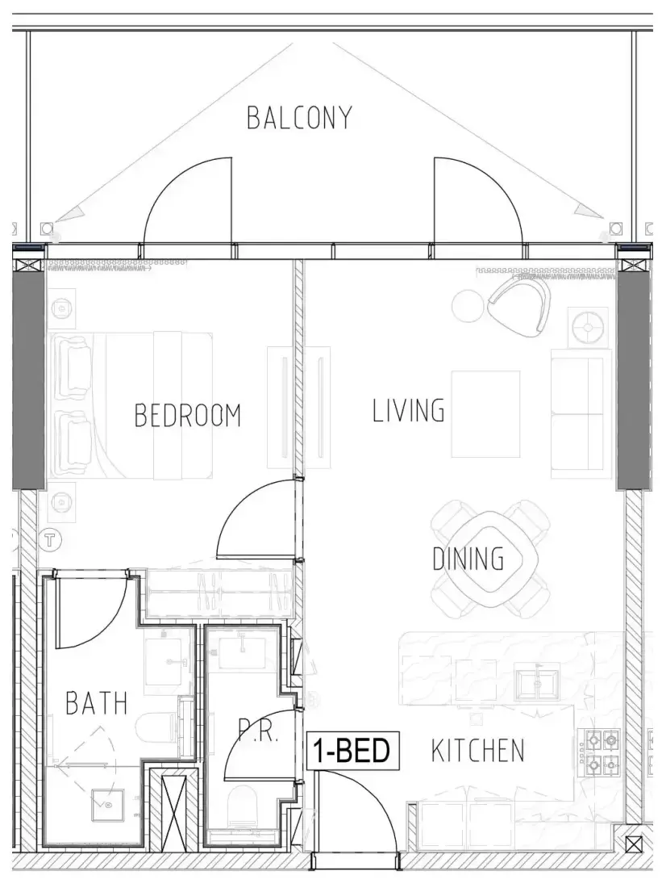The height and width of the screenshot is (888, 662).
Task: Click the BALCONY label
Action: click(299, 117)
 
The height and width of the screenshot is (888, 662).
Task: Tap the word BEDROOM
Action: click(187, 415)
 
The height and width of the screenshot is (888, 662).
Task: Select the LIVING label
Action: click(409, 411)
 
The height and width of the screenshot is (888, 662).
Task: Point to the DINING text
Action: click(468, 559)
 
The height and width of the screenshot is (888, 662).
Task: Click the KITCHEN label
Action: click(477, 751)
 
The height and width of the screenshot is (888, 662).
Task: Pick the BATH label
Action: click(97, 703)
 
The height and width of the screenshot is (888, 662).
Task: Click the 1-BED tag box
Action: click(352, 751)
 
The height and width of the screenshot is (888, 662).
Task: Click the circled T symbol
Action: click(51, 540)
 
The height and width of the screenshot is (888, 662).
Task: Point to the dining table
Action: click(490, 559)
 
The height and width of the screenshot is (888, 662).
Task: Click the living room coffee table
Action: click(485, 414)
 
